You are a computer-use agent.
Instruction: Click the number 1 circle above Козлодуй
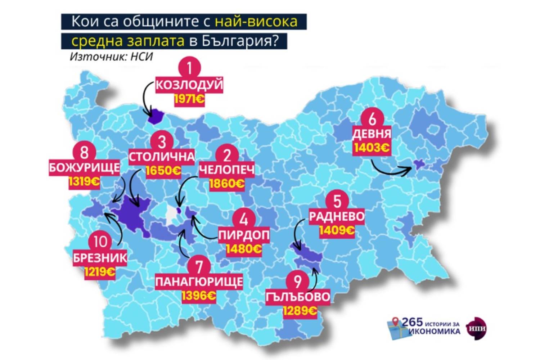click(x=189, y=68)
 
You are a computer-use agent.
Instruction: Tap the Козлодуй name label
click(x=189, y=85)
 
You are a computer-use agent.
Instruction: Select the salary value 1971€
click(x=189, y=99)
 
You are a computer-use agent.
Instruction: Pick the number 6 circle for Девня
click(x=372, y=118)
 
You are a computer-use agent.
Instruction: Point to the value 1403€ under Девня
click(x=372, y=148)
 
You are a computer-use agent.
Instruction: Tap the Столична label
click(x=162, y=157)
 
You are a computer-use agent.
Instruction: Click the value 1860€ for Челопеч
click(x=226, y=184)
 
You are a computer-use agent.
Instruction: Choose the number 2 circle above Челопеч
click(x=227, y=155)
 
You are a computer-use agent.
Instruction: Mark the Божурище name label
click(x=84, y=168)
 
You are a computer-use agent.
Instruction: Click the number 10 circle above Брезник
click(x=100, y=242)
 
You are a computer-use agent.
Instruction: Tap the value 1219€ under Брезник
click(x=100, y=272)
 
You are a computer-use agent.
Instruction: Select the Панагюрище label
click(x=199, y=282)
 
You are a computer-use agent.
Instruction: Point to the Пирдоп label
click(x=244, y=235)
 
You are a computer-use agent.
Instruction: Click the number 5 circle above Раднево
click(x=337, y=201)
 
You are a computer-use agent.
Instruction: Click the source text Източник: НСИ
click(x=111, y=57)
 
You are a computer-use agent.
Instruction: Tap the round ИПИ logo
click(x=476, y=328)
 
